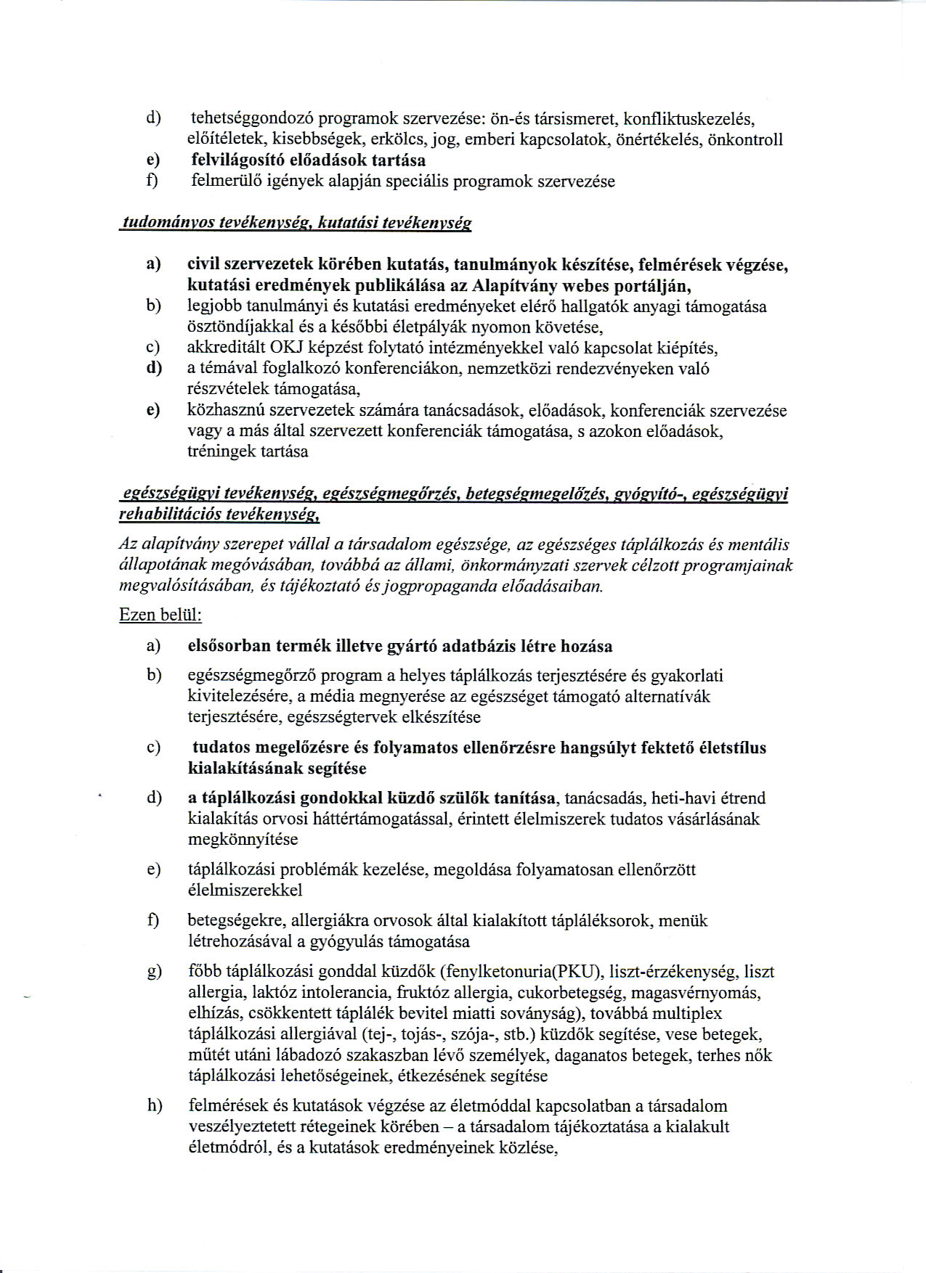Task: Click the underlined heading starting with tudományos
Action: pyautogui.click(x=296, y=223)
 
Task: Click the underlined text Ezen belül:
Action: pyautogui.click(x=161, y=615)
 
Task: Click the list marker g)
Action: pyautogui.click(x=154, y=972)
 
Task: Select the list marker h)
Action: pyautogui.click(x=154, y=1106)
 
